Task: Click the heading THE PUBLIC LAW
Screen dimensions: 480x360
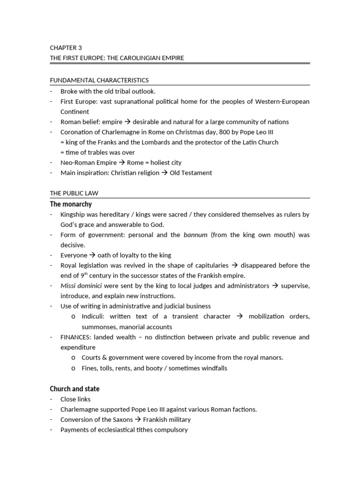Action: coord(74,193)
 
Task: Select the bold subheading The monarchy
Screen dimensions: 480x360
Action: coord(71,204)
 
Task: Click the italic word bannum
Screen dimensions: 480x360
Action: coord(195,235)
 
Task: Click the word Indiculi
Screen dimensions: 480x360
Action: coord(93,316)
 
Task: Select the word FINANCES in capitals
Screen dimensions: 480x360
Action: coord(75,337)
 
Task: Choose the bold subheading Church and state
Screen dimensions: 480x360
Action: coord(75,389)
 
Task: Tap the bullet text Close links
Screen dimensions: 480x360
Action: coord(75,399)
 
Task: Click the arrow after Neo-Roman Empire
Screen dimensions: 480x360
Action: coord(121,163)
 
